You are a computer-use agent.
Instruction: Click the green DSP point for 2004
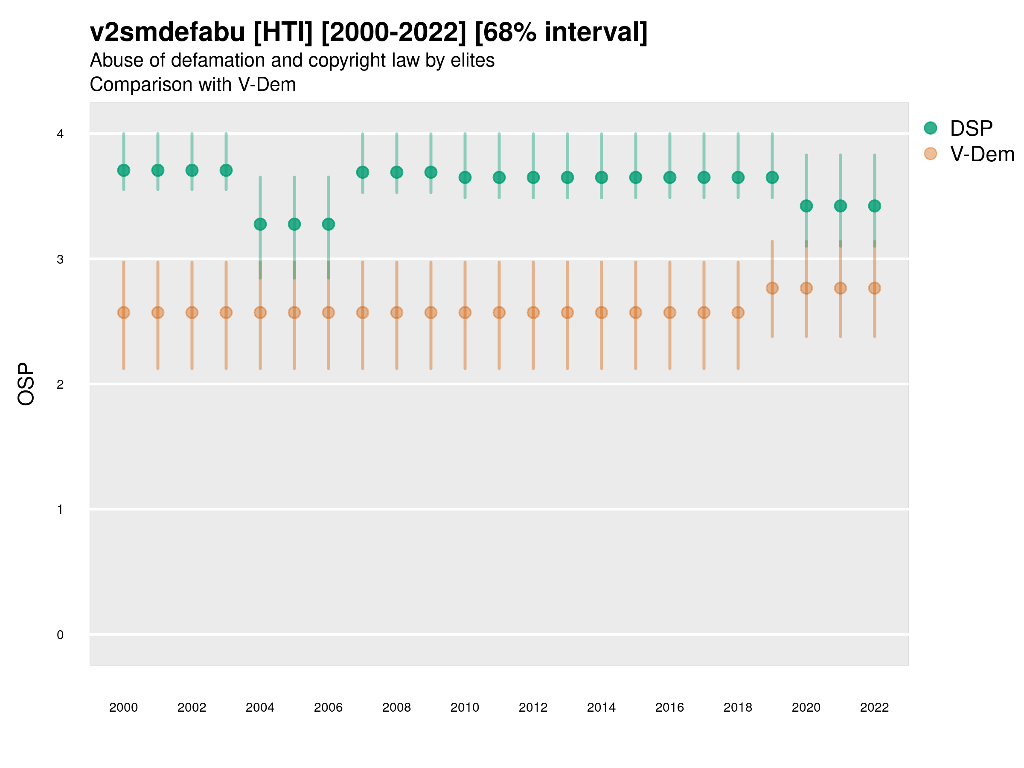260,224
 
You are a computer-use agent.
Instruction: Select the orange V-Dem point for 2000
124,312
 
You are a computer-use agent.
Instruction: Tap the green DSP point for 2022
875,206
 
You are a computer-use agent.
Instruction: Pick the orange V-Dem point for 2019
772,288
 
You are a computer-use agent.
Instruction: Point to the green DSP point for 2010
465,177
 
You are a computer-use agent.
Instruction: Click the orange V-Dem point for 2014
601,312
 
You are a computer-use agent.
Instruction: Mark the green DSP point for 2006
328,224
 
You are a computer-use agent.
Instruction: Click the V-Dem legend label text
982,154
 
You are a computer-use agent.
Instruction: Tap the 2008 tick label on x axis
397,707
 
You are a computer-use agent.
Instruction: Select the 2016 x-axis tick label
669,707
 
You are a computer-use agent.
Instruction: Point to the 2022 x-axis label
875,707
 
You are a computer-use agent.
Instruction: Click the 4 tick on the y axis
60,134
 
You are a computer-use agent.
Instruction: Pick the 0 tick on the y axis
60,635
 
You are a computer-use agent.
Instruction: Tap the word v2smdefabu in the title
168,32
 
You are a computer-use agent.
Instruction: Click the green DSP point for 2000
124,170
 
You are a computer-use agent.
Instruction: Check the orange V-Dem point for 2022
875,288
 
